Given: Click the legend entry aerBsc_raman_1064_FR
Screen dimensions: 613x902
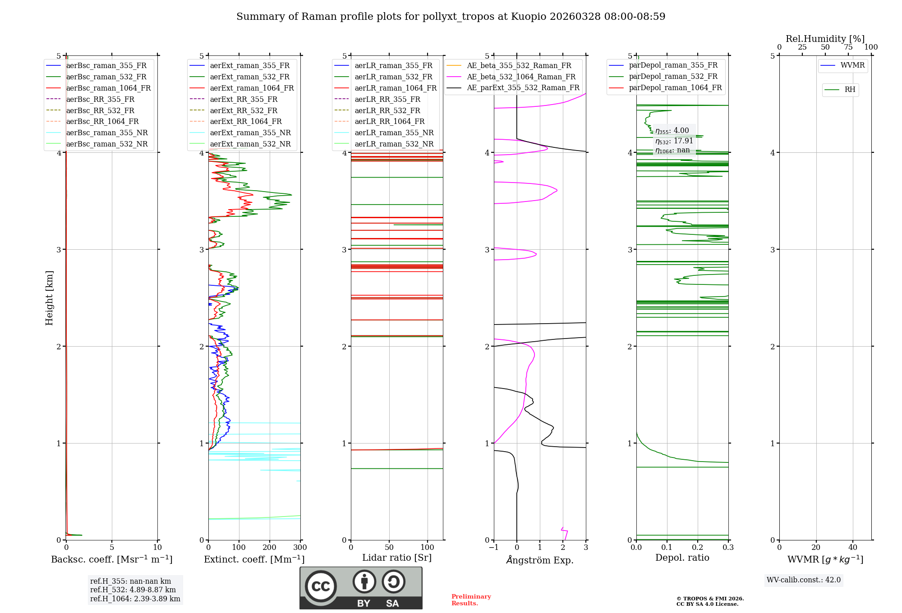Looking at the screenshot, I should click(x=108, y=88).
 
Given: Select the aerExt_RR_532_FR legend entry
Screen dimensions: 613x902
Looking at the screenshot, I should click(x=244, y=110).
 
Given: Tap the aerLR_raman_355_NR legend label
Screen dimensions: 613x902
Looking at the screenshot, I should click(x=394, y=133).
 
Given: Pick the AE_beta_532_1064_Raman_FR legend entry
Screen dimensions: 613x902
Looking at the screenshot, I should click(x=521, y=77).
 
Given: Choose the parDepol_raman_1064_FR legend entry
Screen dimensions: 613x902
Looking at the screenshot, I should click(x=675, y=87).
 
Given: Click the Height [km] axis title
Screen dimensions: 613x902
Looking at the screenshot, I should click(x=49, y=298).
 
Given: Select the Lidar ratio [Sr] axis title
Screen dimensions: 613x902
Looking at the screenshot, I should click(x=397, y=558).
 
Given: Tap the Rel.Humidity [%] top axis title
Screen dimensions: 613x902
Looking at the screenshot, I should click(x=825, y=39).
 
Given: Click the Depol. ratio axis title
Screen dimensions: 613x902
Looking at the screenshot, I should click(x=682, y=558).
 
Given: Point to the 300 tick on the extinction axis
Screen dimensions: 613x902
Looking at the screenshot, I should click(x=300, y=548).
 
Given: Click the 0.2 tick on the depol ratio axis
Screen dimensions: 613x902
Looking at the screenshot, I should click(x=698, y=548).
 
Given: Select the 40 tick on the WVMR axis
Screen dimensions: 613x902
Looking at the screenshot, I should click(x=852, y=548).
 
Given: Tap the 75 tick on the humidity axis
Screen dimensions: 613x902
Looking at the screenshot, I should click(x=848, y=47).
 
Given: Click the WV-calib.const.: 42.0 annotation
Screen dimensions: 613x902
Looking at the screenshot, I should click(x=804, y=580).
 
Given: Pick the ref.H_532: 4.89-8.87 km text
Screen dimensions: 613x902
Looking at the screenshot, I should click(x=133, y=590).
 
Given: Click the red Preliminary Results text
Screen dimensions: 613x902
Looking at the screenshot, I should click(x=471, y=600).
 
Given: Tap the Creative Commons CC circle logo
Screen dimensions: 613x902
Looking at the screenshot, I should click(x=321, y=586).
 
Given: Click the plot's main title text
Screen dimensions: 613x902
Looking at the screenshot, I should click(x=451, y=17).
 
